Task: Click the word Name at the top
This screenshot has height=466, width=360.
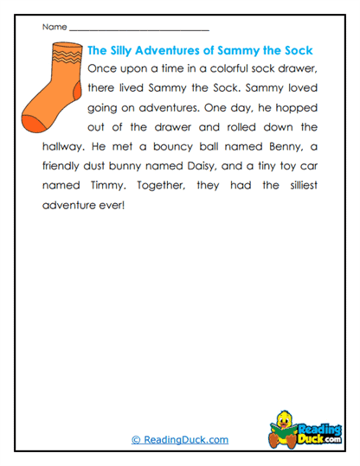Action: (x=53, y=27)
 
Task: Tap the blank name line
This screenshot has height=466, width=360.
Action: (x=138, y=29)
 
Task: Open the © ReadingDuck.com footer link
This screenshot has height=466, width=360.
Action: (x=179, y=439)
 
